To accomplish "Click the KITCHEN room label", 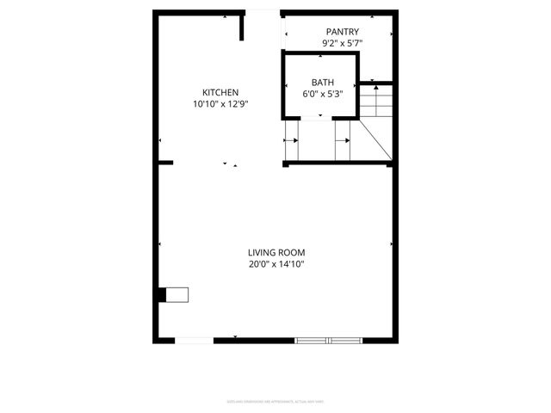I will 220,93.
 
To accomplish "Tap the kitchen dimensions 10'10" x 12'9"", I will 220,104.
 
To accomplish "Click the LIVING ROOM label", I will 276,253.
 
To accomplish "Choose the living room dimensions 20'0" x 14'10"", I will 276,264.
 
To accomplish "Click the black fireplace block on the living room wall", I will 163,294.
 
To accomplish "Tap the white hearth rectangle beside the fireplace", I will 177,294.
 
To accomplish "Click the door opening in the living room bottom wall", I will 195,341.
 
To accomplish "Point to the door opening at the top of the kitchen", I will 264,11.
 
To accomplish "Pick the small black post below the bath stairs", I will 286,164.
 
